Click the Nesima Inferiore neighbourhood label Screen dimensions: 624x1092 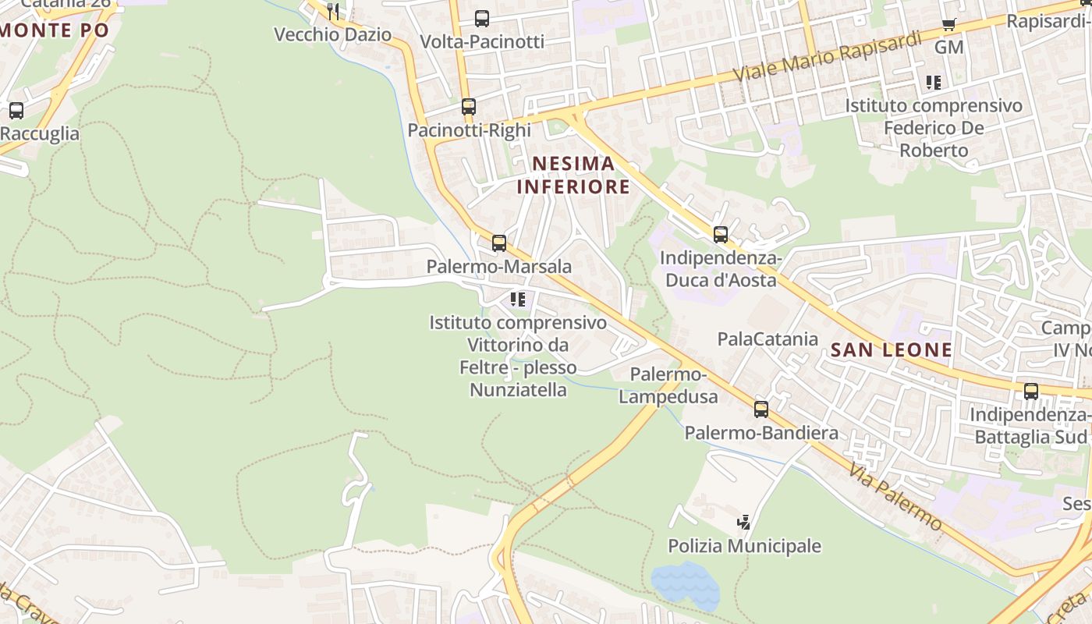(x=573, y=175)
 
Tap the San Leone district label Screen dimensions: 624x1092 (x=891, y=350)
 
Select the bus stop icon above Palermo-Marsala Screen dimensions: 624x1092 (x=499, y=243)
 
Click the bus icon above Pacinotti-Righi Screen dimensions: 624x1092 (x=469, y=107)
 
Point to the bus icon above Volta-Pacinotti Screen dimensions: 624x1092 (x=482, y=19)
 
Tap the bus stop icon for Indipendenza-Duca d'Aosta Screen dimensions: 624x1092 (x=721, y=234)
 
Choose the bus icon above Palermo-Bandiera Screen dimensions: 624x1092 (x=761, y=409)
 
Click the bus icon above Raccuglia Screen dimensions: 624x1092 (x=16, y=111)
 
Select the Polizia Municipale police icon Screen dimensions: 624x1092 (x=745, y=522)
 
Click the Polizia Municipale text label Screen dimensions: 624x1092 (x=744, y=546)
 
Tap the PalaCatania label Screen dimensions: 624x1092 (x=768, y=339)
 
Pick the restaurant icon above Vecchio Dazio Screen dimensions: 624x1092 (x=333, y=11)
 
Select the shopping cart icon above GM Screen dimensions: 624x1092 (x=949, y=24)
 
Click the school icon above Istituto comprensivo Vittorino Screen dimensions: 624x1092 (x=517, y=299)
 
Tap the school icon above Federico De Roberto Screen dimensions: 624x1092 (x=934, y=82)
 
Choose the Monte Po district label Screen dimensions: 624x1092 (x=55, y=31)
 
